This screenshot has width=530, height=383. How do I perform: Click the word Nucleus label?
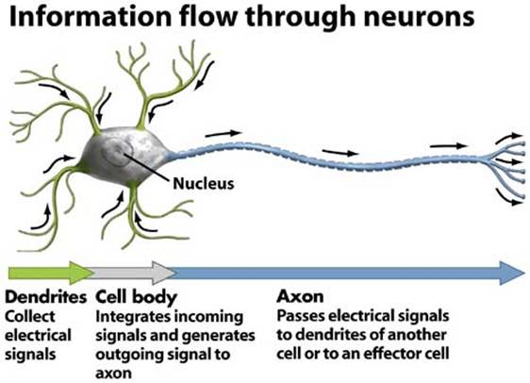click(x=203, y=184)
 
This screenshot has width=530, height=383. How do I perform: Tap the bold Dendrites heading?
click(x=46, y=297)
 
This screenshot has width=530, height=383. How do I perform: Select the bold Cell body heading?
click(x=137, y=297)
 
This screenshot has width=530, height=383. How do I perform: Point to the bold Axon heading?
click(x=300, y=296)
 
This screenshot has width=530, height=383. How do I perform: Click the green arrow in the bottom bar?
click(x=51, y=273)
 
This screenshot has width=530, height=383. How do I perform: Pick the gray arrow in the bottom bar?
click(x=134, y=273)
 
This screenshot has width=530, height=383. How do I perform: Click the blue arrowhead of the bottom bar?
click(x=512, y=273)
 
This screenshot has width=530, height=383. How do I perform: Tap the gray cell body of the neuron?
click(x=125, y=157)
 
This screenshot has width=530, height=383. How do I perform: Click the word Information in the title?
click(x=91, y=16)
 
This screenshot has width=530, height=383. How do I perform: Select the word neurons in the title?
click(x=419, y=18)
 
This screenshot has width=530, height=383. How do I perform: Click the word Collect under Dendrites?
click(x=30, y=317)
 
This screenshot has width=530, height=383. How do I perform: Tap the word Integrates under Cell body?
click(x=133, y=317)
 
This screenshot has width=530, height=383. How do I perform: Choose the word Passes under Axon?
click(x=301, y=316)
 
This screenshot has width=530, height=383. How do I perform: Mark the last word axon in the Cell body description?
click(x=113, y=374)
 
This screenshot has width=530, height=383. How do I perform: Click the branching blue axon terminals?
click(x=506, y=167)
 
